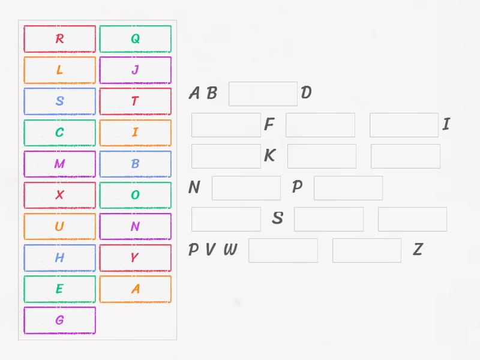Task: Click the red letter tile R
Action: coord(59,39)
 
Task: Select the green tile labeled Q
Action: coord(135,39)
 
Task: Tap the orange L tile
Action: coord(59,70)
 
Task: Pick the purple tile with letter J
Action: coord(135,70)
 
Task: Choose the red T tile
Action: coord(135,101)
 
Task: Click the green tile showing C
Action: coord(59,133)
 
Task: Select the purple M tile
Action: coord(59,164)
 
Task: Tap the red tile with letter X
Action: coord(59,195)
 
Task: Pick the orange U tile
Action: coord(59,226)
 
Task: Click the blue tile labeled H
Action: coord(59,258)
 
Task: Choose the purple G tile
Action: coord(59,320)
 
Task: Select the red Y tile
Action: coord(135,258)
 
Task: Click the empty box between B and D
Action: coord(263,94)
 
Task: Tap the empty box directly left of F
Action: coord(226,125)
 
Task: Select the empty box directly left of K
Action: coord(226,156)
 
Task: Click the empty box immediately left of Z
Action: coord(367,250)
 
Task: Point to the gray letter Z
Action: coord(418,250)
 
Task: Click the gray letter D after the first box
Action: coord(306,93)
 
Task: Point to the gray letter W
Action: coord(230,250)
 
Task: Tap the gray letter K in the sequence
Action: coord(270,156)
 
